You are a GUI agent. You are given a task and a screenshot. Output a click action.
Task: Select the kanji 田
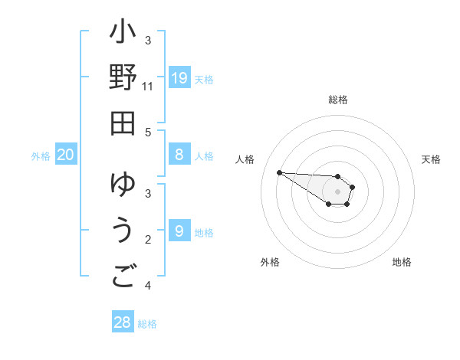123,123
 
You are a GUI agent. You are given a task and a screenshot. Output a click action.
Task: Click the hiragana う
123,231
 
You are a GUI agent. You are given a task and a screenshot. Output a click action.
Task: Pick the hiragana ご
123,276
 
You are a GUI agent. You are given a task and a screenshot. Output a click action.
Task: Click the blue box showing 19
179,77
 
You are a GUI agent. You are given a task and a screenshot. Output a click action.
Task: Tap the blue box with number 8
179,155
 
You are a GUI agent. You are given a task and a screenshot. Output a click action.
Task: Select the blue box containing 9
179,231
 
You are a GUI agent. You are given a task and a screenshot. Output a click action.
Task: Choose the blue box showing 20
66,155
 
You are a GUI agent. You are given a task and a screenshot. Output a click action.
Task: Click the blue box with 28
122,322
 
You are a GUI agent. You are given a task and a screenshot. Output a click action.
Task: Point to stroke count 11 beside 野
148,87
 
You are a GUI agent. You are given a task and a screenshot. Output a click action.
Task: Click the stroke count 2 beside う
148,240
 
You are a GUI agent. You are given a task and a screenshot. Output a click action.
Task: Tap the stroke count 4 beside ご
148,286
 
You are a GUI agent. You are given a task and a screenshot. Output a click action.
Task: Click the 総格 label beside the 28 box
147,324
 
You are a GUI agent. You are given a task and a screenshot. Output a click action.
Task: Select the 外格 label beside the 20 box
41,156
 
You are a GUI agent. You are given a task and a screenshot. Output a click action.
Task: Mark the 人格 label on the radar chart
245,159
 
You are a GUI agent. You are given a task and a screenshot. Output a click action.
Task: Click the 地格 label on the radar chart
402,262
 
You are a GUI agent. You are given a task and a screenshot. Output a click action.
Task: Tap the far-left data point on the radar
279,172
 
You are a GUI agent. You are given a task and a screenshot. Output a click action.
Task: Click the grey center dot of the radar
337,191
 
